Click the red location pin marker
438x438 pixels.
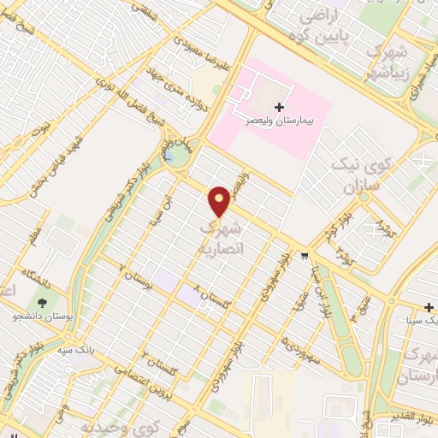(220, 201)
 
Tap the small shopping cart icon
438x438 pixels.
(305, 255)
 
